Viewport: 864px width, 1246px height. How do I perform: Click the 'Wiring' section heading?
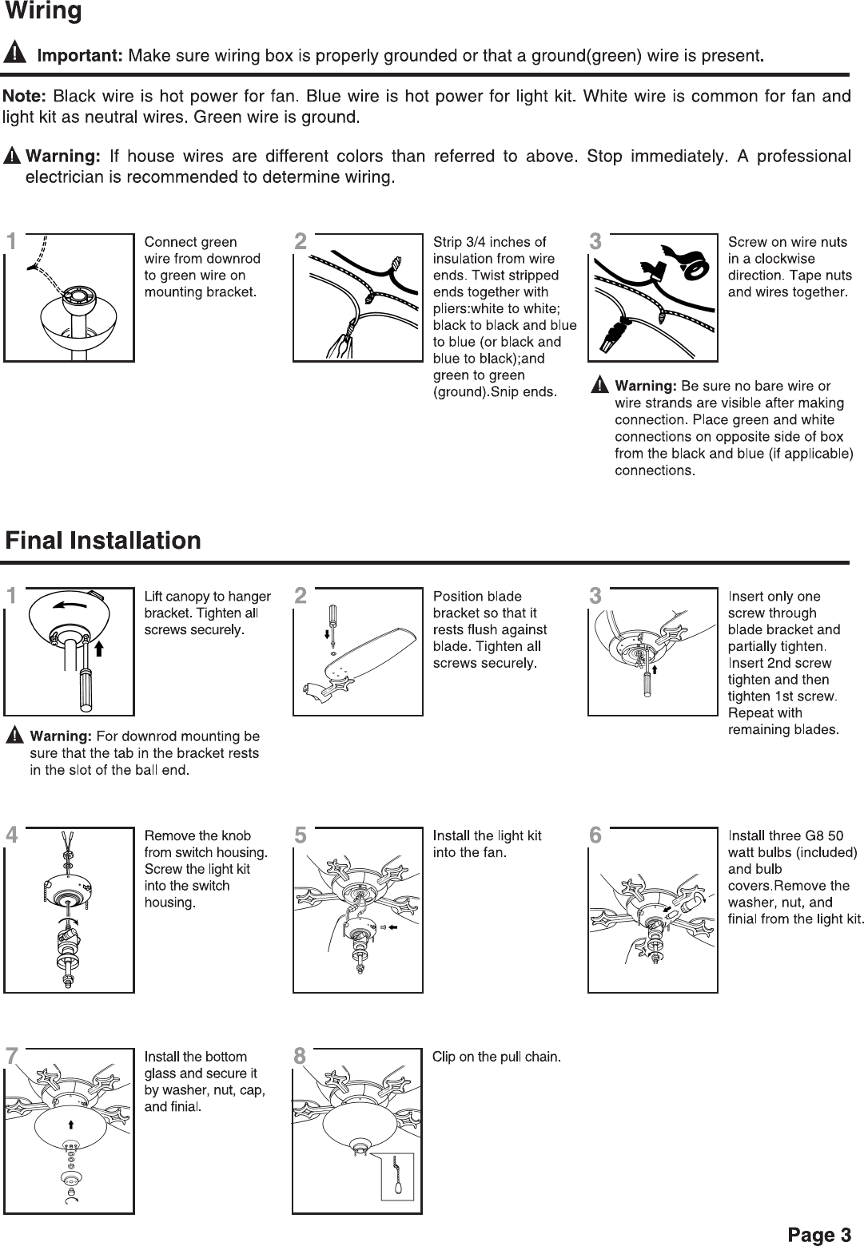[x=43, y=12]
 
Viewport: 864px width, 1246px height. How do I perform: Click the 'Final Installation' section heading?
[x=103, y=541]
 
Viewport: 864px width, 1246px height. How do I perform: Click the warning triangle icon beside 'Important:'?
[x=16, y=55]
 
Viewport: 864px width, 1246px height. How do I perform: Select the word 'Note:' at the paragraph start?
[x=26, y=97]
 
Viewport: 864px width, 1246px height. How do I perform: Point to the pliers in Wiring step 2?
[x=339, y=343]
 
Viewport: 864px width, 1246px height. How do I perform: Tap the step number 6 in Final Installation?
[x=595, y=835]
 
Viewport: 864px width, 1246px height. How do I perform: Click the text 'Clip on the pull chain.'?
[x=496, y=1057]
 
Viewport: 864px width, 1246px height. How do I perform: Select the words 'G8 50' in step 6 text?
[x=824, y=835]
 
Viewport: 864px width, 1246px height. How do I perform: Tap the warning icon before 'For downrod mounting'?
[x=15, y=735]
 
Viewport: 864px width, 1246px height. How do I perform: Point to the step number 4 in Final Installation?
[x=11, y=835]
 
